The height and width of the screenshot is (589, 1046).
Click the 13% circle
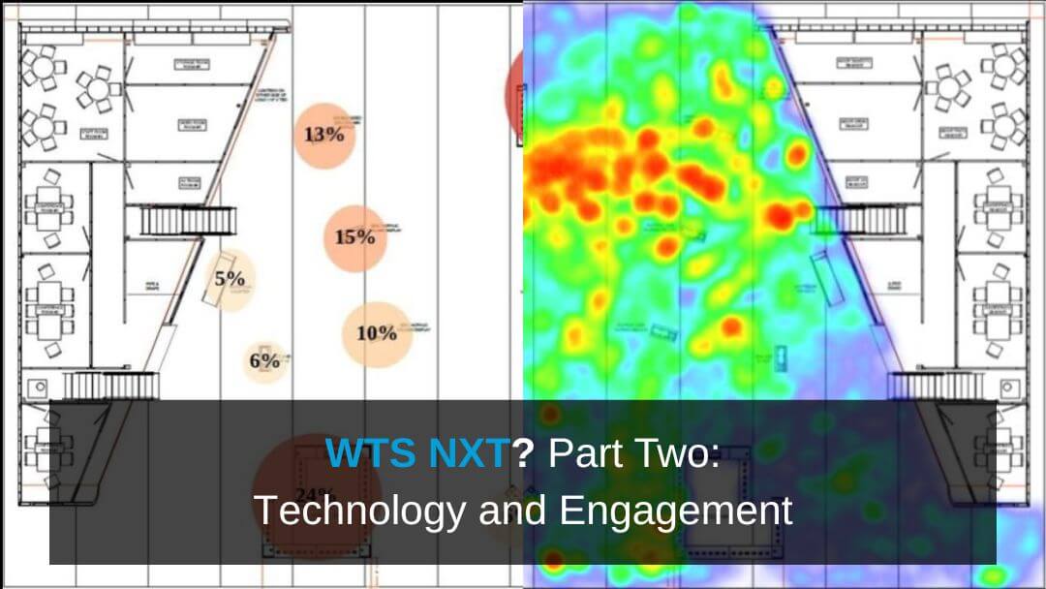coord(324,135)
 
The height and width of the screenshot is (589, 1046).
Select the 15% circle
coord(355,237)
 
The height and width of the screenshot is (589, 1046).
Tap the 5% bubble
coord(230,279)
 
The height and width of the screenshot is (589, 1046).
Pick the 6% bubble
coord(264,361)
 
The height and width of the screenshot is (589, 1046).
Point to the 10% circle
coord(377,333)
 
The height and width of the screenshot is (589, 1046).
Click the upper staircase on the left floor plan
coord(189,221)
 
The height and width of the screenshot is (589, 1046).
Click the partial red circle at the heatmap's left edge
coord(515,92)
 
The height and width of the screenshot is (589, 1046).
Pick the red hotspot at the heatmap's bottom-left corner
coord(552,559)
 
